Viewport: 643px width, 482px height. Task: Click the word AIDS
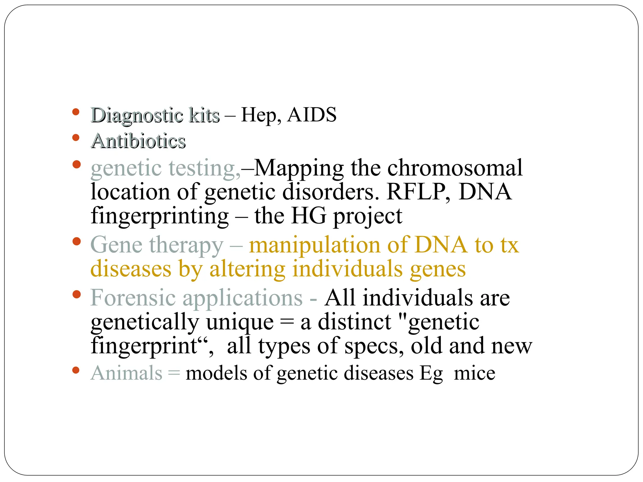tap(312, 115)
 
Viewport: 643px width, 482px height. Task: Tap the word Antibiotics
tap(138, 141)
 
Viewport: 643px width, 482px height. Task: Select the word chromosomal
tap(455, 168)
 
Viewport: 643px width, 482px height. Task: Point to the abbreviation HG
tap(309, 216)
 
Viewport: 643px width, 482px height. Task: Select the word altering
tap(247, 269)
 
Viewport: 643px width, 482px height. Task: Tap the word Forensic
tap(133, 297)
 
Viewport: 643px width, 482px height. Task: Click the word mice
tap(474, 373)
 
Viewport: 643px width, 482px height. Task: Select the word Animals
tap(127, 373)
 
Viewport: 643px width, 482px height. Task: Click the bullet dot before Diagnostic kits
tap(76, 112)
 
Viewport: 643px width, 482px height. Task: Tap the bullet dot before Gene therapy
tap(76, 241)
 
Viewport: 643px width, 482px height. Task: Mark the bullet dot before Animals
tap(76, 370)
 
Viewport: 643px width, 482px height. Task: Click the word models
tap(216, 373)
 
